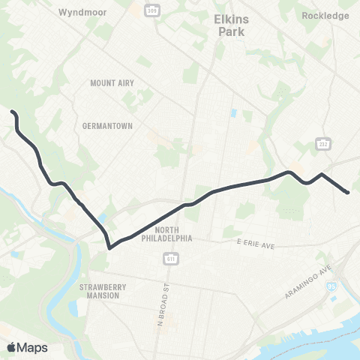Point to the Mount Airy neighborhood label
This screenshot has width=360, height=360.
pyautogui.click(x=110, y=83)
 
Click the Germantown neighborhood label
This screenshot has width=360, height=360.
pyautogui.click(x=107, y=126)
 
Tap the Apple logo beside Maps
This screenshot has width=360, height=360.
pyautogui.click(x=12, y=346)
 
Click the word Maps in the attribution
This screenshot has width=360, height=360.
pyautogui.click(x=32, y=347)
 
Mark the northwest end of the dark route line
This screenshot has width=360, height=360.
pyautogui.click(x=12, y=112)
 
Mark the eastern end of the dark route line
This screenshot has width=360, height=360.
pyautogui.click(x=348, y=193)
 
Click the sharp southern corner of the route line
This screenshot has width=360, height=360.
pyautogui.click(x=109, y=247)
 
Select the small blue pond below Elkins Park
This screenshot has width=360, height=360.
pyautogui.click(x=233, y=113)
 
